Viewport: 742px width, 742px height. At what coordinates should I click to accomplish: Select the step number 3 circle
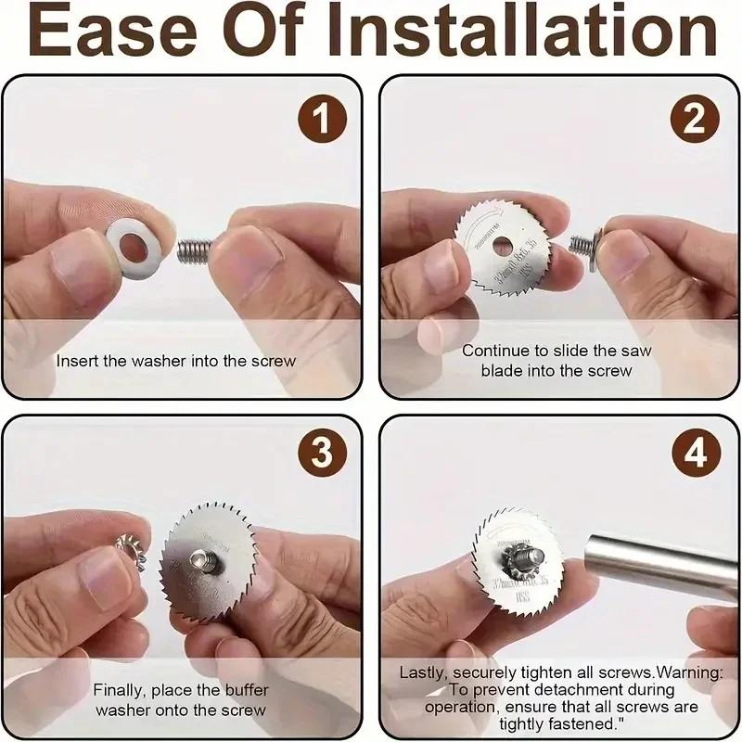coord(321,454)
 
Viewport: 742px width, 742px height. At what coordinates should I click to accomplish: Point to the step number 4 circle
coord(696,454)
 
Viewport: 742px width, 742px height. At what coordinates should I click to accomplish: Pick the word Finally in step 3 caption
coord(118,690)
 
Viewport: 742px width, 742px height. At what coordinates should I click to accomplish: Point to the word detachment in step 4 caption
coord(545,690)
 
